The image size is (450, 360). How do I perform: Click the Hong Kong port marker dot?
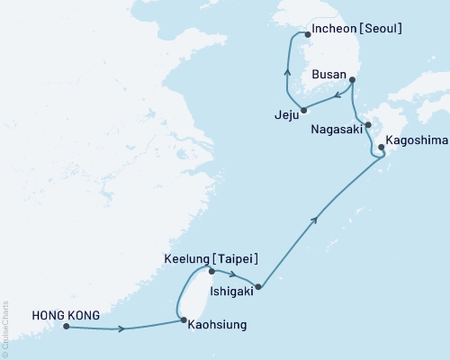[67, 327]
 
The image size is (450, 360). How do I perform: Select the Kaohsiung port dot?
[183, 320]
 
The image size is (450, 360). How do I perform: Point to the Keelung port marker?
[211, 271]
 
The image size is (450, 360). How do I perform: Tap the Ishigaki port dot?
[258, 288]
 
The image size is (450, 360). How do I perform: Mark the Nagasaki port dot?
[368, 124]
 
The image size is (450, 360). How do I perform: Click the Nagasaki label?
[337, 130]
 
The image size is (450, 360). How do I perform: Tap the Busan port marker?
[352, 80]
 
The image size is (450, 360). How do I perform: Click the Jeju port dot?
[304, 111]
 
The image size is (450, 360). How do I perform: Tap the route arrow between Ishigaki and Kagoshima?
[315, 219]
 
